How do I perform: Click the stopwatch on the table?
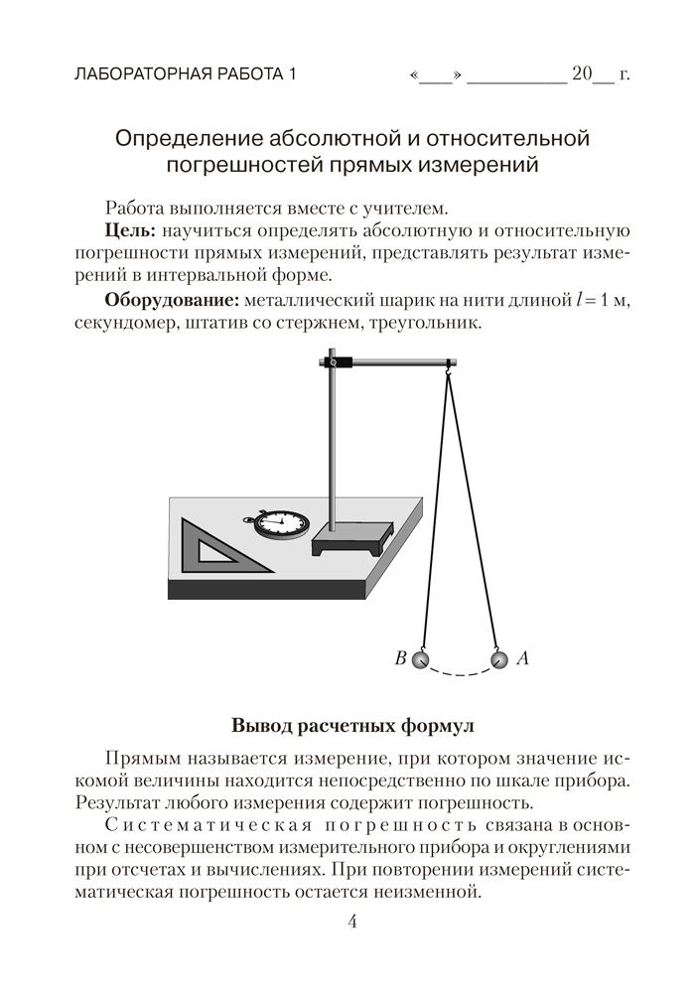[280, 522]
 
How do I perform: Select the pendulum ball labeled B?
[422, 658]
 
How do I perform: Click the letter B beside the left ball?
[400, 657]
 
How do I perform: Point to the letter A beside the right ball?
[523, 657]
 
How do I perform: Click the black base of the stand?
[348, 541]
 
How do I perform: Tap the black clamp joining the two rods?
[341, 364]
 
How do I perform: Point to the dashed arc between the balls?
[460, 673]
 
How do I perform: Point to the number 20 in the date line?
[581, 74]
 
